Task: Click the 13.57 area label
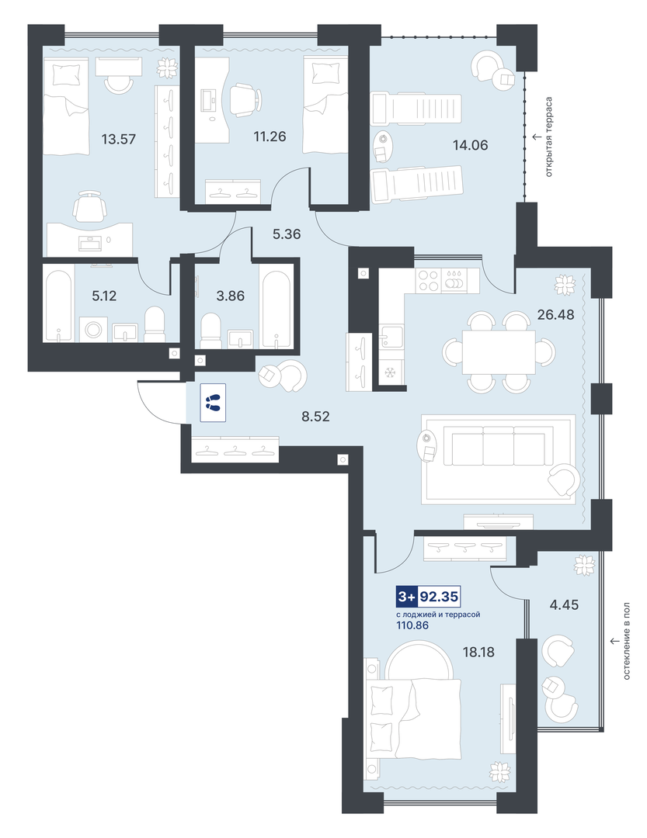119,140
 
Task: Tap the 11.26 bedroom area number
270,137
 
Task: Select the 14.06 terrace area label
471,145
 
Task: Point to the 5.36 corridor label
287,234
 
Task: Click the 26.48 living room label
555,315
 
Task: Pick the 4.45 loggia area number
564,605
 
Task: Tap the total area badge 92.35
428,597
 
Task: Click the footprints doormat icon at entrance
213,403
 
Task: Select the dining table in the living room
499,352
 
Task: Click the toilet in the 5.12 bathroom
155,324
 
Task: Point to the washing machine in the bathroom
93,329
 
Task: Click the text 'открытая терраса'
548,137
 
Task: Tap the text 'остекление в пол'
627,642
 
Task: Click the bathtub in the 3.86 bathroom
277,306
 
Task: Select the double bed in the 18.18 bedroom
414,719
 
